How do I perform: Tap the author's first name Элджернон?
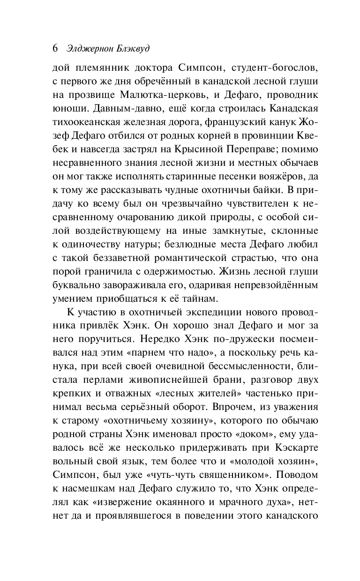tap(90, 49)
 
